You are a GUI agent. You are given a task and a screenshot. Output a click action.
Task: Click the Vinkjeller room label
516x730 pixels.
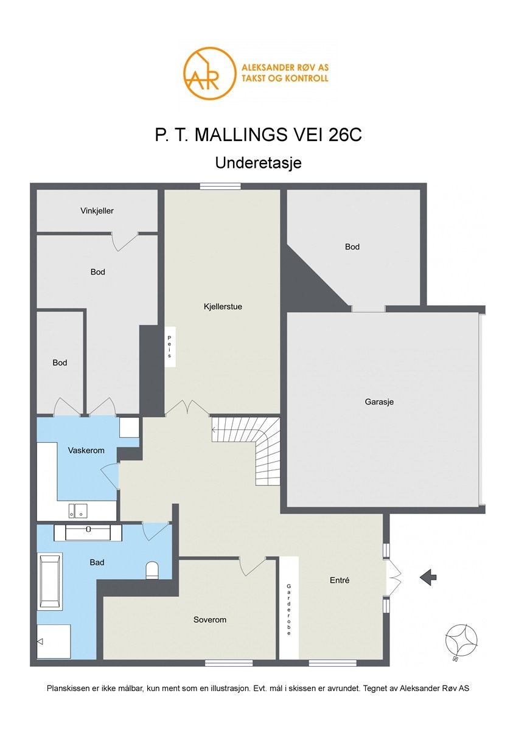[97, 211]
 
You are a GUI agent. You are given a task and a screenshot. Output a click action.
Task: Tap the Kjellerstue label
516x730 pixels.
[223, 307]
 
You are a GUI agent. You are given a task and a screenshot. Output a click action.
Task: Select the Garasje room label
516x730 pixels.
[379, 402]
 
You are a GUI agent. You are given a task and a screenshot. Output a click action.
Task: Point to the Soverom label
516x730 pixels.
[209, 619]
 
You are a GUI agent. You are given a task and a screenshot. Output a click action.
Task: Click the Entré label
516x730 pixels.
[340, 580]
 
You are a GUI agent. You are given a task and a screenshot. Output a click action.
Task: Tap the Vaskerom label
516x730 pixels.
[86, 450]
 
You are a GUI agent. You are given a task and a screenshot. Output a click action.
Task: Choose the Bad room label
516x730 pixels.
[97, 562]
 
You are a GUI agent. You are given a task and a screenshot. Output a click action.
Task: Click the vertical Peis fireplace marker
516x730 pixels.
[170, 347]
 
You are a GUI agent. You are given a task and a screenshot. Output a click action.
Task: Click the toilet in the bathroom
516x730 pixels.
[152, 571]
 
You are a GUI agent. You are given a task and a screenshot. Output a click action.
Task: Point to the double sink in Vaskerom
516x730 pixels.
[78, 510]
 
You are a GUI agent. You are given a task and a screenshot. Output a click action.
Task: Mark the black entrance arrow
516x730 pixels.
[428, 577]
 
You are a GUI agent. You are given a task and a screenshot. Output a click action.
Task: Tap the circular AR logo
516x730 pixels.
[209, 72]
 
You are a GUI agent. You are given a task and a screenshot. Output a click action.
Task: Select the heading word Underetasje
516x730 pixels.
[258, 163]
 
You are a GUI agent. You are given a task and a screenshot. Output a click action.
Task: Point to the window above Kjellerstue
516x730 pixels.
[220, 186]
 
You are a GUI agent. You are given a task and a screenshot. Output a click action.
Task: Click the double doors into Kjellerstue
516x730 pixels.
[187, 409]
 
